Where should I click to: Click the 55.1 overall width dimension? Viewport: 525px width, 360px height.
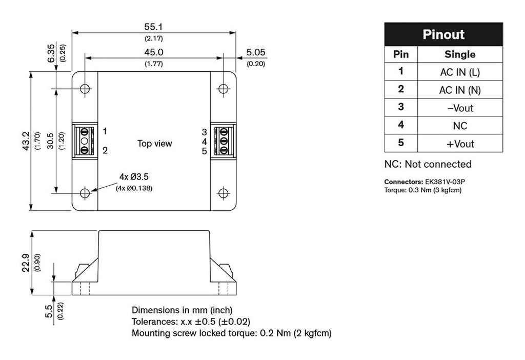coord(154,27)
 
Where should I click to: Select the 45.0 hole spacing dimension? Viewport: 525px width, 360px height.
coord(154,52)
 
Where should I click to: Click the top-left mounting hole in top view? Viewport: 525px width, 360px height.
coord(85,89)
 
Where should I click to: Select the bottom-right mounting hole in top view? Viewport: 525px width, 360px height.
coord(223,193)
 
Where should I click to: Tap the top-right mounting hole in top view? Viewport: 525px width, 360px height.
coord(223,89)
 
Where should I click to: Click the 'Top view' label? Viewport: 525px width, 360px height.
coord(154,144)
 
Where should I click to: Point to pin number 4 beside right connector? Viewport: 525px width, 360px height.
coord(204,141)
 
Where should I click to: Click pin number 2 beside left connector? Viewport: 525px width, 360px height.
coord(105,150)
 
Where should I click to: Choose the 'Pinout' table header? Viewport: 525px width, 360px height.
coord(443,35)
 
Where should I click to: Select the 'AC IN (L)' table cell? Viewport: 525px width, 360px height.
coord(460,72)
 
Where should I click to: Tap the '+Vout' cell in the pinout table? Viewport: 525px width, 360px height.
coord(460,144)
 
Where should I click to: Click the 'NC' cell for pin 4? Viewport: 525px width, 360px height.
coord(460,126)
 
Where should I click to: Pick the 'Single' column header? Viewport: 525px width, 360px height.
coord(460,54)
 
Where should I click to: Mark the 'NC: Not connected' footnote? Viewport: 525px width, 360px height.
coord(428,164)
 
